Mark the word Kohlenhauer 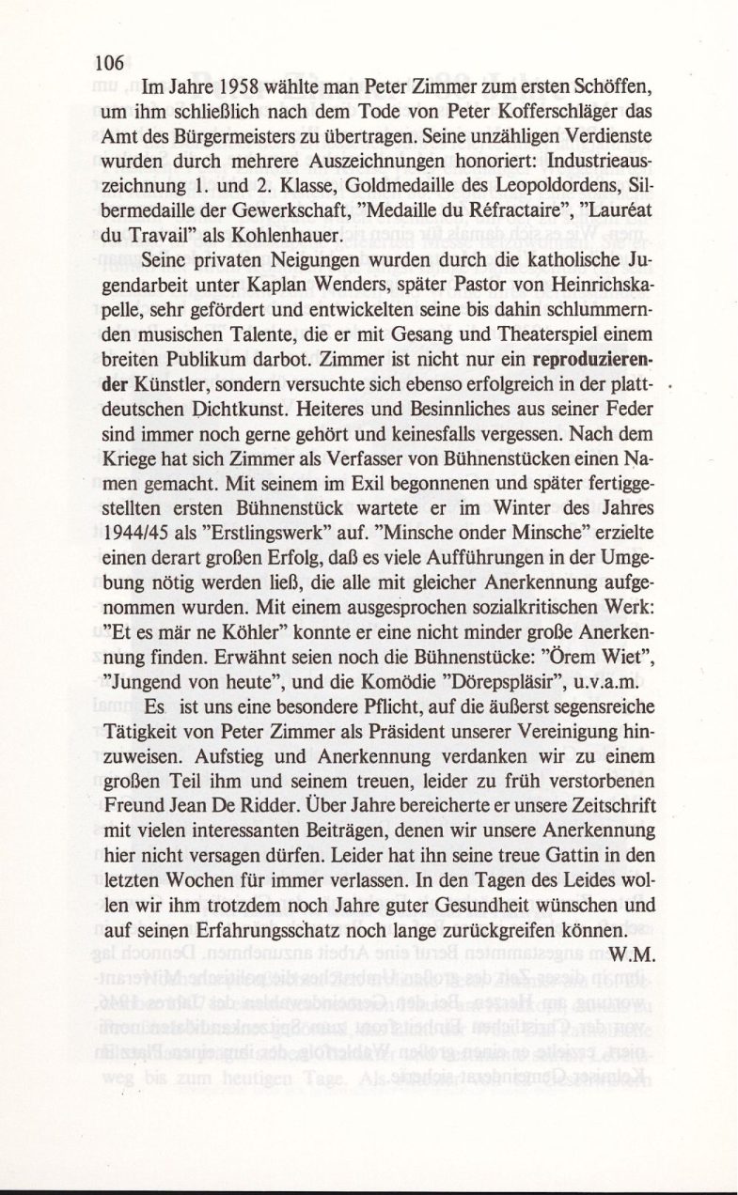[258, 232]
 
